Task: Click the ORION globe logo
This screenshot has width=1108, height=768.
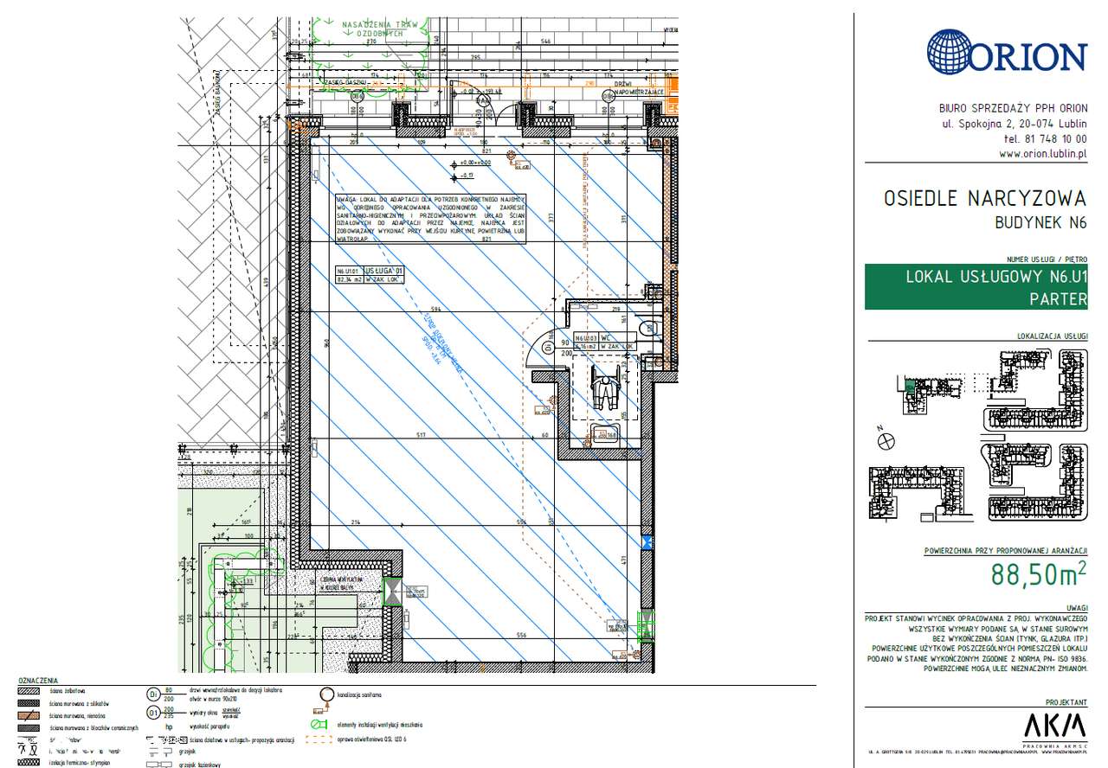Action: click(950, 53)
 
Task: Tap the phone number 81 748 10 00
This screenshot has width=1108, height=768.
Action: click(1045, 139)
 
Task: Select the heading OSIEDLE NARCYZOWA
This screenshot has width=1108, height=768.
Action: click(984, 199)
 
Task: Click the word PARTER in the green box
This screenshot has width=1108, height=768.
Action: click(1057, 299)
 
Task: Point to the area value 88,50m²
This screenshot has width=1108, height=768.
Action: click(1039, 575)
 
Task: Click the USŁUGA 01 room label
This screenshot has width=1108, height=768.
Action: click(383, 271)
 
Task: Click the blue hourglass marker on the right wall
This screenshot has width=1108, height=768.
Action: click(646, 542)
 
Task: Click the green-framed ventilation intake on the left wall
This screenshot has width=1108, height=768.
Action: click(393, 592)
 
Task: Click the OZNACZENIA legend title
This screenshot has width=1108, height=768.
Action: click(38, 681)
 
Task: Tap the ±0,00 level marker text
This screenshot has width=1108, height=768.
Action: click(475, 163)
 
